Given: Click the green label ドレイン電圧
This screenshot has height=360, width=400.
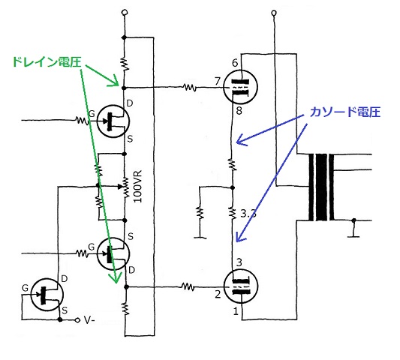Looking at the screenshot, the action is pos(47,62).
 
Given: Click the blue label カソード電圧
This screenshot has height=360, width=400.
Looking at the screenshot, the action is pos(345,112).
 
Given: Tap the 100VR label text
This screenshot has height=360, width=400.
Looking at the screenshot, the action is pos(138,187).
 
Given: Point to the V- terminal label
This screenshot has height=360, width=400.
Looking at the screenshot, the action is pos(89,320).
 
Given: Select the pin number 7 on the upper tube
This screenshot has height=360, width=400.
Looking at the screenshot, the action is pos(218,81).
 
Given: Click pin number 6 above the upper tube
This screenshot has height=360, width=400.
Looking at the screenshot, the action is pos(235,63).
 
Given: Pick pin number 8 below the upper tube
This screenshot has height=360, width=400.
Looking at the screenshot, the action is pos(239,111).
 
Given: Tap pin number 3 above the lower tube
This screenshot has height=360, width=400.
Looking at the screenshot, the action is pos(239,262).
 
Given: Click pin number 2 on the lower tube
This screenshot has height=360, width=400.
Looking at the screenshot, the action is pos(218,295).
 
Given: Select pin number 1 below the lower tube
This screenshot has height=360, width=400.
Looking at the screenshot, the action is pos(236,311).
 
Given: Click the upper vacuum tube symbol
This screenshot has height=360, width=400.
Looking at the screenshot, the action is pos(240,87).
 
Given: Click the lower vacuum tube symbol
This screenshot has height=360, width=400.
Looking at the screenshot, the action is pos(240,286).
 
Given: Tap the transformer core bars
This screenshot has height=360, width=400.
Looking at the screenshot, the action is pos(321,187).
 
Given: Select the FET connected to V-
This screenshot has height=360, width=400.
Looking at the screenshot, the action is pos(47,295).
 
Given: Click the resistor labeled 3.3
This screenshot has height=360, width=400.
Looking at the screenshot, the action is pos(233,213).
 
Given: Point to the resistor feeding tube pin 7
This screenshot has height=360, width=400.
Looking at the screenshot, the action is pos(190,88).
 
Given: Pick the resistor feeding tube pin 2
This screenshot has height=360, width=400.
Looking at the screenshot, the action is pos(188,287).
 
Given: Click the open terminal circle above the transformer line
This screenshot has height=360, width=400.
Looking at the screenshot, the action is pos(274,13).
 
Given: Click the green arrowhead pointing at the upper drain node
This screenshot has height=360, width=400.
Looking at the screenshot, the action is pos(114,81).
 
